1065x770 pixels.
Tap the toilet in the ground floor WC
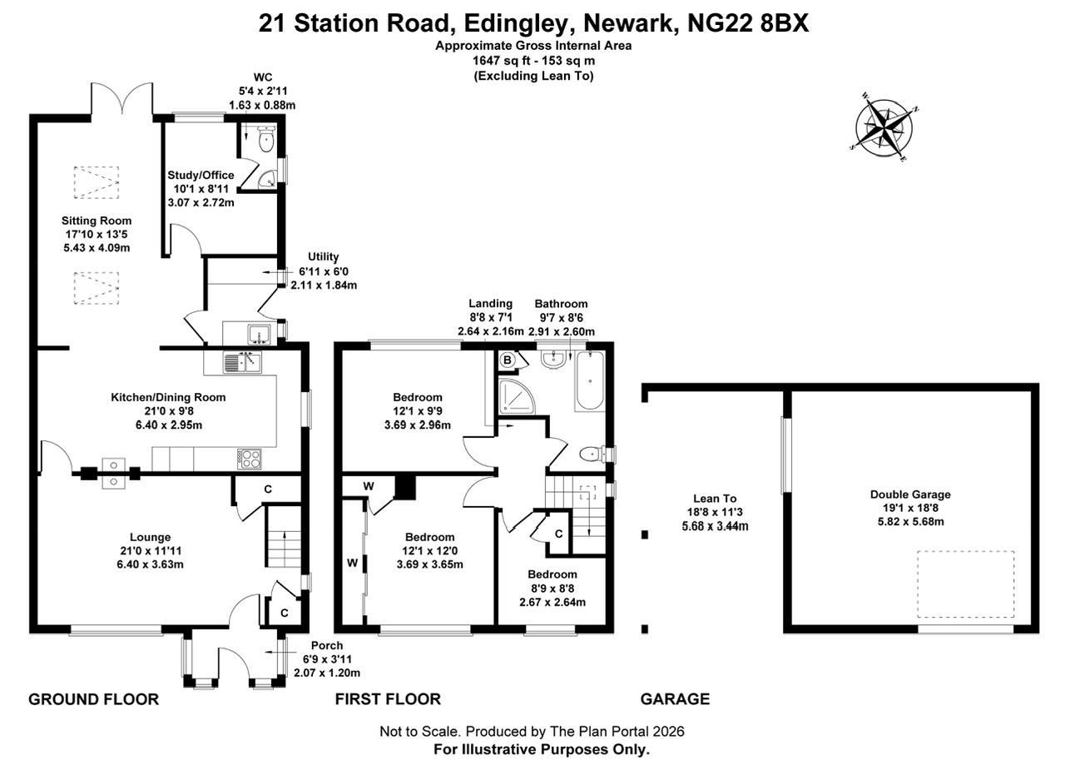coord(265,139)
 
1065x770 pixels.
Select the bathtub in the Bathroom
coord(590,382)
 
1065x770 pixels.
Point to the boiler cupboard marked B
coord(508,360)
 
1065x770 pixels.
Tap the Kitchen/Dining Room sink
coord(242,363)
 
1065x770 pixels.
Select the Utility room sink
coord(257,335)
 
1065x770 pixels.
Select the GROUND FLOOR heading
coord(93,699)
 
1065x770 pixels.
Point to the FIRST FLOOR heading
coord(388,699)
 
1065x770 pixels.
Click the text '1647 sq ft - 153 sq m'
coord(533,61)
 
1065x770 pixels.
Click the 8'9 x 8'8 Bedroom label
coord(552,589)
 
